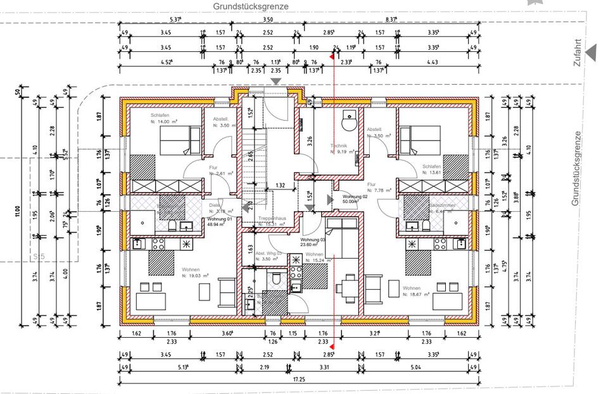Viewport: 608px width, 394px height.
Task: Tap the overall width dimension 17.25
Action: click(300, 379)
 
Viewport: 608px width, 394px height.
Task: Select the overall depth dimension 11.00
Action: click(17, 209)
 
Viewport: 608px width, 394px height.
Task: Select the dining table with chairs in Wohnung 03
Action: click(346, 288)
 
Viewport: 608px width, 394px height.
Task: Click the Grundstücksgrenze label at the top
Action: click(250, 6)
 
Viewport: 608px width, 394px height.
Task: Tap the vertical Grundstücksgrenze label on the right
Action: click(576, 168)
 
